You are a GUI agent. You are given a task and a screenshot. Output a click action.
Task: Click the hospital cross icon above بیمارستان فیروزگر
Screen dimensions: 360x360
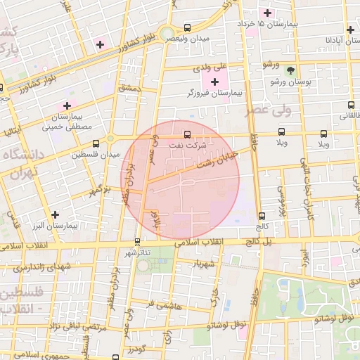point(214,83)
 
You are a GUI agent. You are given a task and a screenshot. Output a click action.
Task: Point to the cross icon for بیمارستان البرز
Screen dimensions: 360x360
point(55,214)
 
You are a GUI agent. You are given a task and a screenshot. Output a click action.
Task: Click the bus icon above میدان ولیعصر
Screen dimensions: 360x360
point(186,27)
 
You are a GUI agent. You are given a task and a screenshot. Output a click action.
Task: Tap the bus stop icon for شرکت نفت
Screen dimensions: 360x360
point(186,134)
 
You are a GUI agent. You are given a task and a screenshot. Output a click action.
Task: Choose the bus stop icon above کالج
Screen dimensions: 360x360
point(262,216)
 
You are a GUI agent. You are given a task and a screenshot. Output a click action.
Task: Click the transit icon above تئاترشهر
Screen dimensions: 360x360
point(136,242)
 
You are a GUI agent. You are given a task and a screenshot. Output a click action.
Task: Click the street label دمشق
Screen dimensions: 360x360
point(130,89)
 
